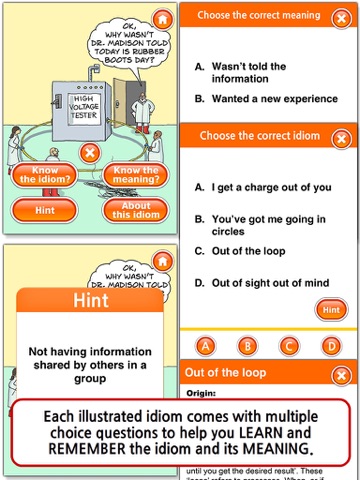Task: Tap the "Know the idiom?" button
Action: (46, 176)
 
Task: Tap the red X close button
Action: (89, 153)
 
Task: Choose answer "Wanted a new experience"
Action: (261, 99)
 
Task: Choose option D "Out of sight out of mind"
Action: (276, 283)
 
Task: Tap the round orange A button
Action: (207, 345)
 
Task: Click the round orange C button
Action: (289, 345)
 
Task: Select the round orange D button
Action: (330, 345)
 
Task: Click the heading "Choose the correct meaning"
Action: (259, 16)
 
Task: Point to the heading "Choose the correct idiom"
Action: (259, 135)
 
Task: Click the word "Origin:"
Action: (202, 392)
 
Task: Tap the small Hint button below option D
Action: (330, 311)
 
